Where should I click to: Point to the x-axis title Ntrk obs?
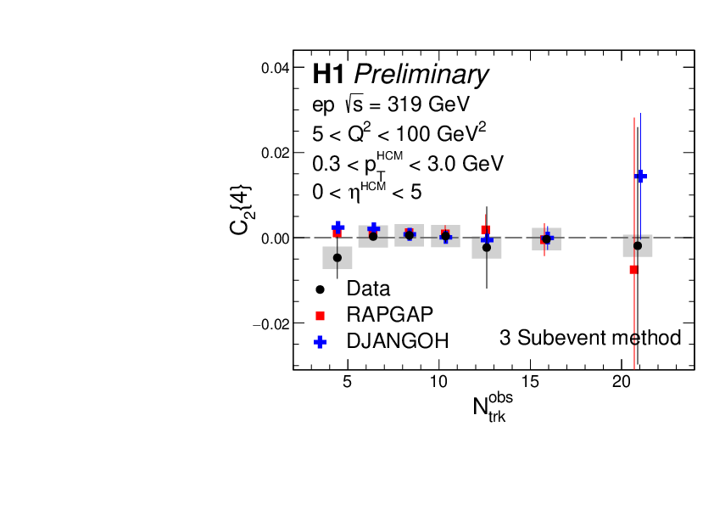tap(493, 406)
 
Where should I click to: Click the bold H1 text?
tap(329, 75)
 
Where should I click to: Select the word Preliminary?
tap(421, 75)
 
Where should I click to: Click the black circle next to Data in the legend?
tap(321, 289)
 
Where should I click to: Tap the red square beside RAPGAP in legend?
tap(321, 315)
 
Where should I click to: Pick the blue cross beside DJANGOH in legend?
tap(321, 341)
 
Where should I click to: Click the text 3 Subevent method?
tap(590, 338)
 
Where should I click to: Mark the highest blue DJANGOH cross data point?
tap(641, 176)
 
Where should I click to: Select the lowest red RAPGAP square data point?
tap(633, 270)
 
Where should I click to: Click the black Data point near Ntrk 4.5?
tap(337, 257)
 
